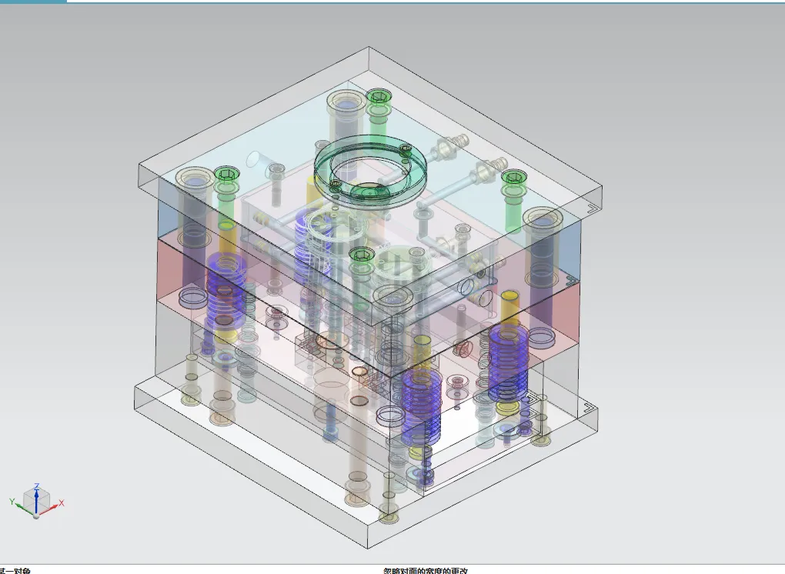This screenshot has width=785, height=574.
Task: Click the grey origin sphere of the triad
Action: (x=35, y=515)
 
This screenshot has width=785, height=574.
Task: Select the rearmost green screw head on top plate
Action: (x=377, y=97)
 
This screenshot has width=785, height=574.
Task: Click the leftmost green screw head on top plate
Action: (x=224, y=173)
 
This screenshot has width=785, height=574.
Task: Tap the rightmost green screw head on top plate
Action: (x=513, y=178)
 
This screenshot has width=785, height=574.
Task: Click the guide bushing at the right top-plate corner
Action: (x=543, y=220)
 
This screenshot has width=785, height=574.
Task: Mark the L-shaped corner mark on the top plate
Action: (x=590, y=206)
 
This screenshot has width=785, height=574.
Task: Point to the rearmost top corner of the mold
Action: (x=370, y=48)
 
